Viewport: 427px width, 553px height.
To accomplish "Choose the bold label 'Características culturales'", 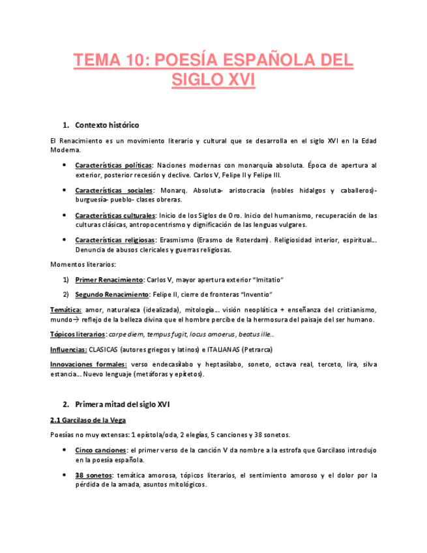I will (115, 215).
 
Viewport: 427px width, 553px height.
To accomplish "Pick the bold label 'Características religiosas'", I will (115, 240).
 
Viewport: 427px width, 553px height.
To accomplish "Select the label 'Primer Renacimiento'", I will (109, 279).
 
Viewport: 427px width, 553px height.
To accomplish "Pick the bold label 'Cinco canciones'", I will (101, 451).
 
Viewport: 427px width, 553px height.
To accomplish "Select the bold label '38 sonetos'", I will (93, 475).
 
